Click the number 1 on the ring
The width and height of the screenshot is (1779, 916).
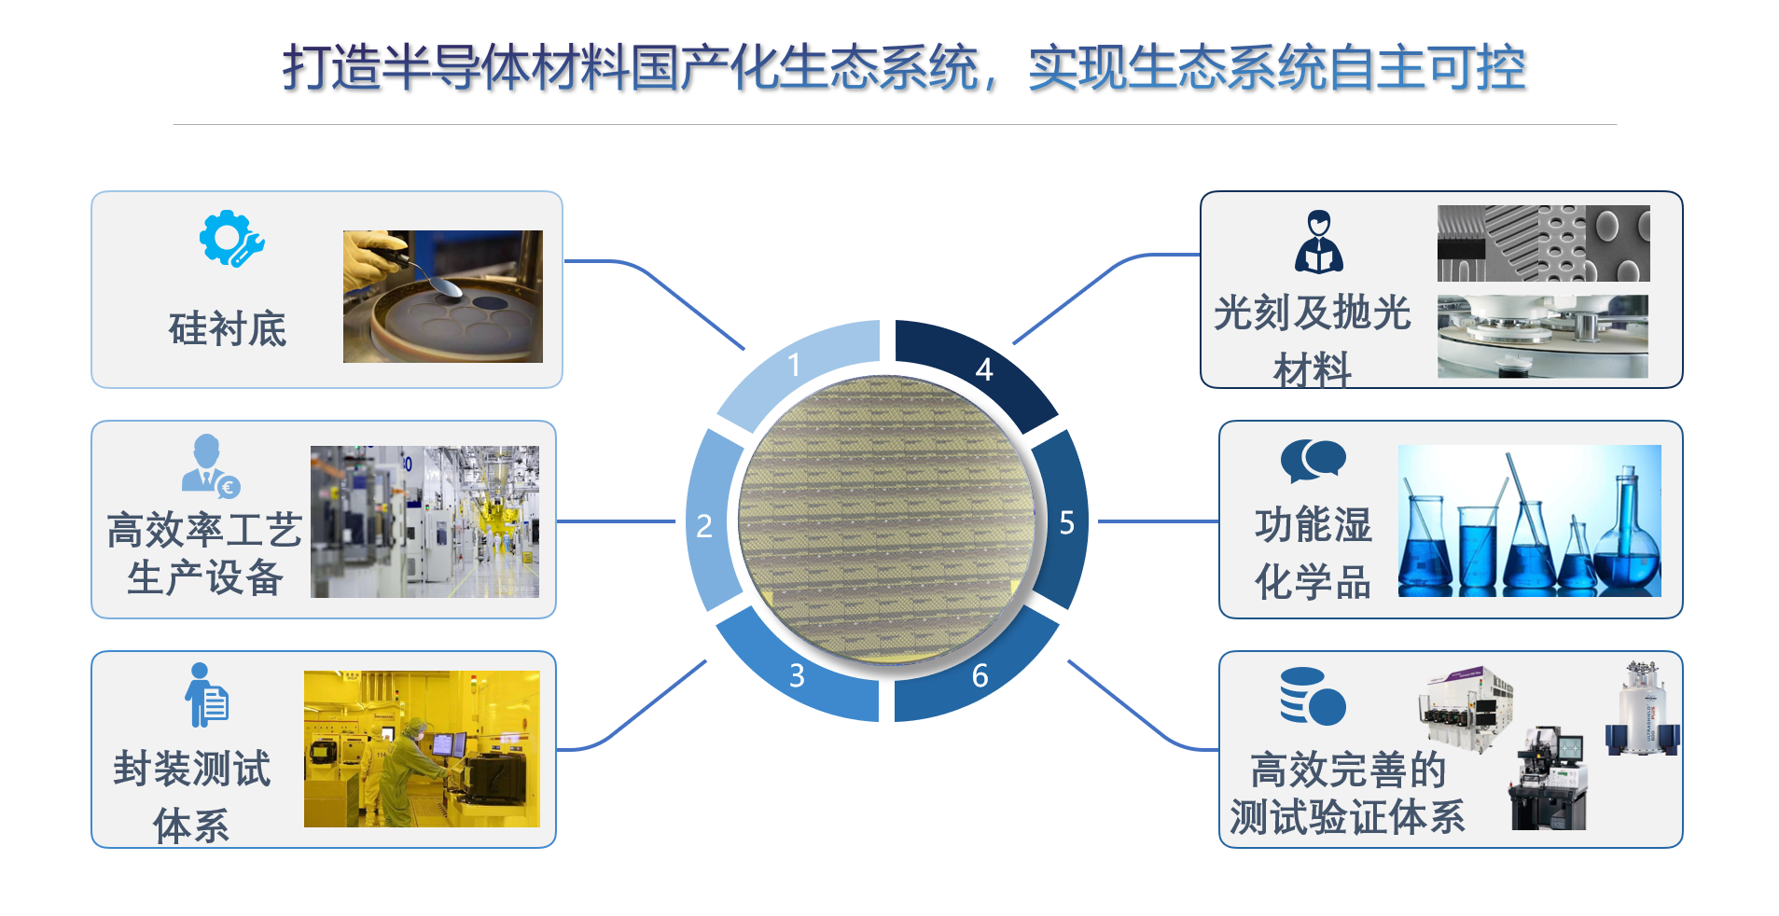(794, 364)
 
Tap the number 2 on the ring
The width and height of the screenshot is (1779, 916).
(704, 526)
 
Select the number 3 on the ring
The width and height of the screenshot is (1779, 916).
(797, 674)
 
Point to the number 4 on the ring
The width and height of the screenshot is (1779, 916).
(984, 369)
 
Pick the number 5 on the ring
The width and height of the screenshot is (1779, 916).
(1067, 523)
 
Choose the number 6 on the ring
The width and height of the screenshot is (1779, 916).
(980, 674)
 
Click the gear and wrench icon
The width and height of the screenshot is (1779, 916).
(231, 240)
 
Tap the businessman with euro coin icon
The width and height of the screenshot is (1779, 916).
(211, 465)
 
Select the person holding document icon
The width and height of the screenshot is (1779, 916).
(206, 695)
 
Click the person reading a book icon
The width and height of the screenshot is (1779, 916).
(1318, 242)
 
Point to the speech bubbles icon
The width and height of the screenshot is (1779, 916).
(1313, 461)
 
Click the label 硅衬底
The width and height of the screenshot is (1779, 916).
(228, 329)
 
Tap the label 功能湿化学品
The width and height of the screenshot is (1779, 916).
(1313, 553)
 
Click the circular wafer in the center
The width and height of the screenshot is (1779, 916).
(886, 520)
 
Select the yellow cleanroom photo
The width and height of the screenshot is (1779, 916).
(422, 749)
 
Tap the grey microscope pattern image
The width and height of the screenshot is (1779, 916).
(1544, 243)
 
